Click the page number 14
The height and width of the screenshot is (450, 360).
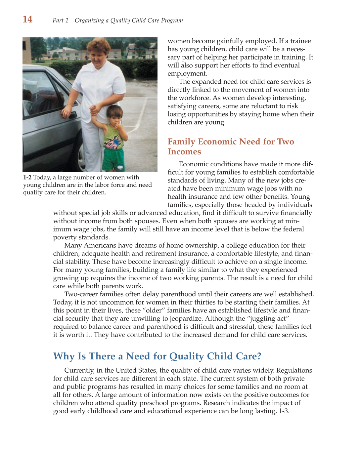27,20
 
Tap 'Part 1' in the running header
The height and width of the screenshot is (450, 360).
60,20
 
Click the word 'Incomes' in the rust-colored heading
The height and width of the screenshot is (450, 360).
184,152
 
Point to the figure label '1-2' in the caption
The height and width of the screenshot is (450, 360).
27,178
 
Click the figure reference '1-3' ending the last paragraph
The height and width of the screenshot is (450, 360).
284,411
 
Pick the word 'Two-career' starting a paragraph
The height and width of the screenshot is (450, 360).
80,294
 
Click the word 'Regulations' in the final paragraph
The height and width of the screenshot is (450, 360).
294,370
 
